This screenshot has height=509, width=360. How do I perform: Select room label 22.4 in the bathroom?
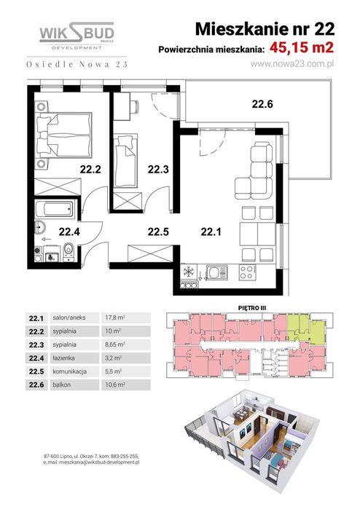click(69, 233)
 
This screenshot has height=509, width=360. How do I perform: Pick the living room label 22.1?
click(210, 233)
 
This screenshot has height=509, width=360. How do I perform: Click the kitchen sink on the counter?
click(216, 274)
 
